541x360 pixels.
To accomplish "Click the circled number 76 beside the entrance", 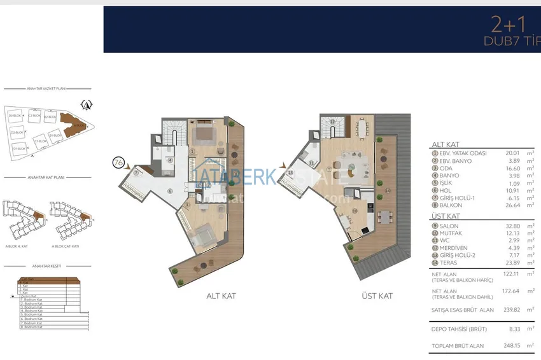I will [117, 162].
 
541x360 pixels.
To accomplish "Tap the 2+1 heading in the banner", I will [508, 25].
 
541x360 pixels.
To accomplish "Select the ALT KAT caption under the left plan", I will [221, 296].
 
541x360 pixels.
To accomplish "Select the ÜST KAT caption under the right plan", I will [377, 296].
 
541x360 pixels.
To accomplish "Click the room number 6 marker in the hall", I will [169, 191].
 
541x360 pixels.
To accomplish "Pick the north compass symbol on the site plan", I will [87, 104].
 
